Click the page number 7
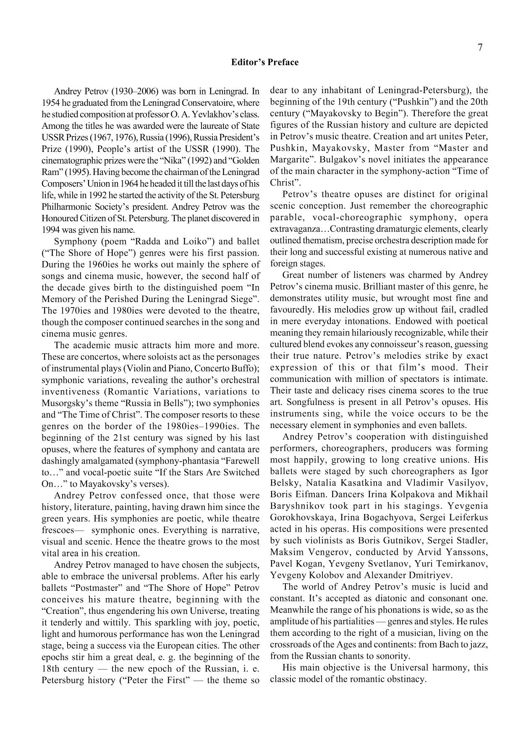click(480, 47)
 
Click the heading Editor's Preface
click(264, 63)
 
